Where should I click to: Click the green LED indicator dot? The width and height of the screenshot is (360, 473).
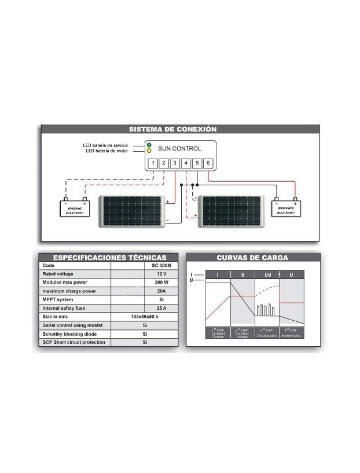coord(149,144)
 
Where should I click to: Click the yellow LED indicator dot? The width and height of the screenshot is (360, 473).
coord(149,151)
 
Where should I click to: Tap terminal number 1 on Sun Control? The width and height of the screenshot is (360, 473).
coord(153,163)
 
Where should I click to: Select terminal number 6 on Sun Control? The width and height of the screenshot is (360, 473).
coord(208,163)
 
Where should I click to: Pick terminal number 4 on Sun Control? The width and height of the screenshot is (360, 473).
coord(186,163)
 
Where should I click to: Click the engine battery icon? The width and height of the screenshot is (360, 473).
coord(75,207)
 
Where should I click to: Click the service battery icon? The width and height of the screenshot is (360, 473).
coord(286,207)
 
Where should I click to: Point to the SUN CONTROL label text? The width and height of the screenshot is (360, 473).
coord(179,148)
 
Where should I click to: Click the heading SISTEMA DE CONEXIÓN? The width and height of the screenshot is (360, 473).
coord(172,129)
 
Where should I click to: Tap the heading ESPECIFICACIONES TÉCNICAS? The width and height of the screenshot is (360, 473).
coord(110,258)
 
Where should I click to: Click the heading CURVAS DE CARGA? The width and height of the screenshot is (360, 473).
coord(252,258)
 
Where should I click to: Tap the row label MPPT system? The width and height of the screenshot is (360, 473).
coord(58,300)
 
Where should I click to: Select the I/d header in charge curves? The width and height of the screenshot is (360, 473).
coord(267,274)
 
